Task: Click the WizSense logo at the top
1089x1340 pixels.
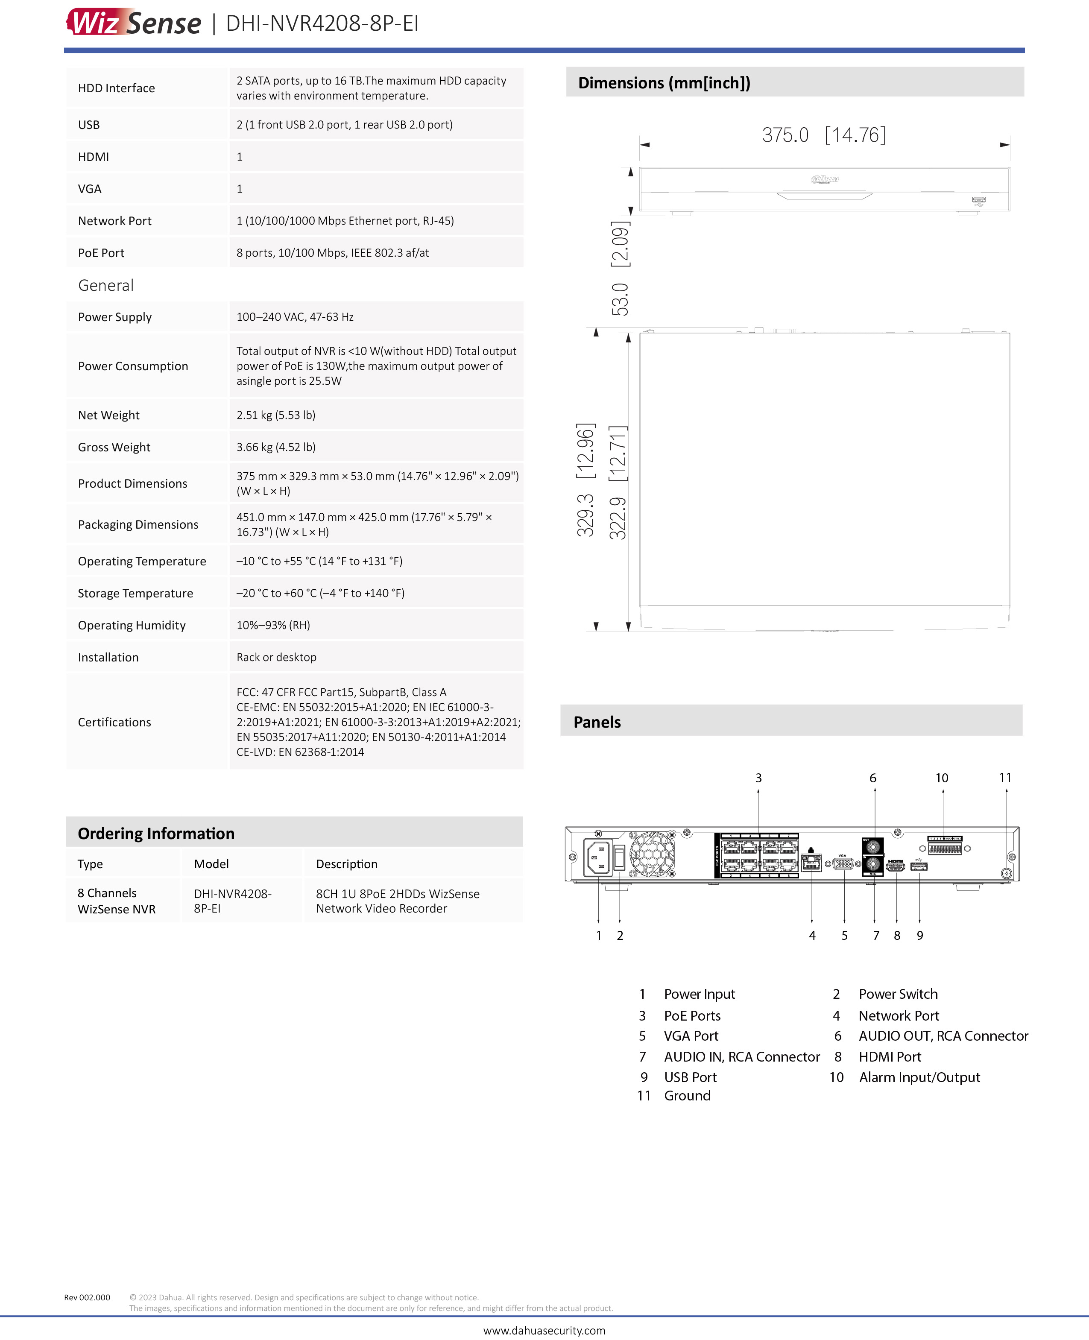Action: (134, 23)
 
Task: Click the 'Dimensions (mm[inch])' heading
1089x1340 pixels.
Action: (664, 83)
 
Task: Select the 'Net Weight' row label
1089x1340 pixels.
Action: (108, 415)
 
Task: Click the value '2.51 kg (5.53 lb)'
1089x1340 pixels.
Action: (276, 415)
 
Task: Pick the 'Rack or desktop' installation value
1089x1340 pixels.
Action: (276, 657)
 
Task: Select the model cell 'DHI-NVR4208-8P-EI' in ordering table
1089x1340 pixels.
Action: (232, 901)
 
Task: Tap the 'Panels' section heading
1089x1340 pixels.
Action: (597, 722)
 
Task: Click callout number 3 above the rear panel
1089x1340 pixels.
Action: (758, 778)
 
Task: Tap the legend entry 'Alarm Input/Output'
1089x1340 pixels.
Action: (919, 1077)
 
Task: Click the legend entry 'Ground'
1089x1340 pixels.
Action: (687, 1095)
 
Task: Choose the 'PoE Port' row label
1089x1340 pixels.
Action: (101, 253)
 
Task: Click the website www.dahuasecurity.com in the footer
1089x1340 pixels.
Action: (544, 1330)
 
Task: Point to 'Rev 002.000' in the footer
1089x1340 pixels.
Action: (87, 1297)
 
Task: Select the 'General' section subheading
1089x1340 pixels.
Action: (105, 285)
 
